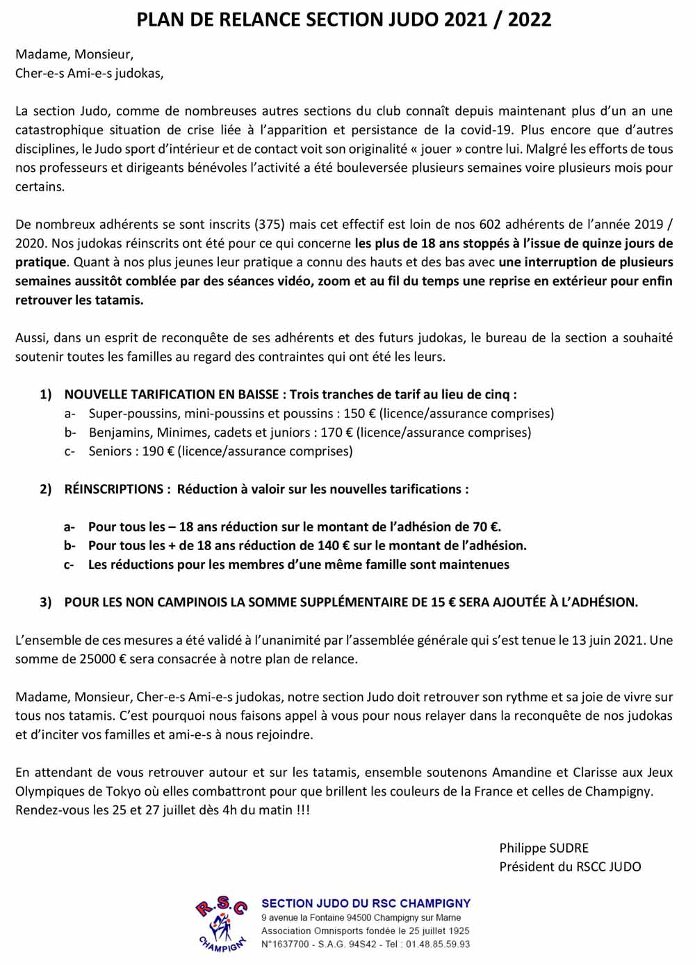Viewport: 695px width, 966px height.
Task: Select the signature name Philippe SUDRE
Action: coord(543,848)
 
